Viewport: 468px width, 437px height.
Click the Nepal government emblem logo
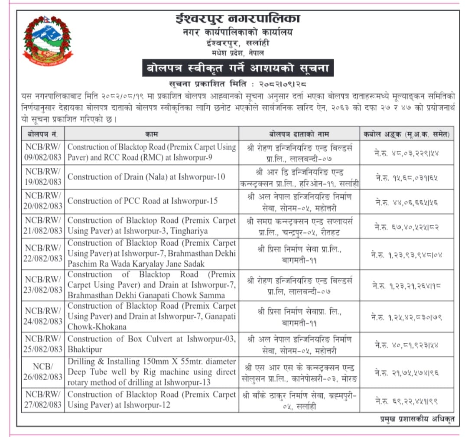[x=48, y=40]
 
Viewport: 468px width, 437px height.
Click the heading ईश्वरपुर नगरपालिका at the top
[x=237, y=20]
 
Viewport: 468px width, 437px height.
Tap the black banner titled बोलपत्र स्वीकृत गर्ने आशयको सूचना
[x=237, y=68]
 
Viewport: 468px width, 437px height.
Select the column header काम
[x=151, y=134]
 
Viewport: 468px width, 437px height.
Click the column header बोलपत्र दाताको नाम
[x=299, y=134]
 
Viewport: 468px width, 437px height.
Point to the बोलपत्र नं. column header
[x=43, y=134]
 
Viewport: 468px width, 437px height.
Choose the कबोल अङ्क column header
[x=406, y=134]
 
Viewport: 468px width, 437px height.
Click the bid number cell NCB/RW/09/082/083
[x=43, y=152]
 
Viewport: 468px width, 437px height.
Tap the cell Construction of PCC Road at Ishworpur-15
[x=143, y=201]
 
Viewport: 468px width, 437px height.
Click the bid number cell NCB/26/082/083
[x=43, y=372]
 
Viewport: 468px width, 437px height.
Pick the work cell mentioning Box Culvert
[x=151, y=344]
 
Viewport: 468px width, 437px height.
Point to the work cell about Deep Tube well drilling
[x=151, y=372]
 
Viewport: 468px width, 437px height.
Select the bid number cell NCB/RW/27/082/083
[x=43, y=400]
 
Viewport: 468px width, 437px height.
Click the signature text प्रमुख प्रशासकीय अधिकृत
[x=416, y=418]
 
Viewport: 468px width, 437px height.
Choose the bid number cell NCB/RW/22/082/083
[x=43, y=253]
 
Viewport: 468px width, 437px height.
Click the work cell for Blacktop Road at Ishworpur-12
[x=151, y=400]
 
